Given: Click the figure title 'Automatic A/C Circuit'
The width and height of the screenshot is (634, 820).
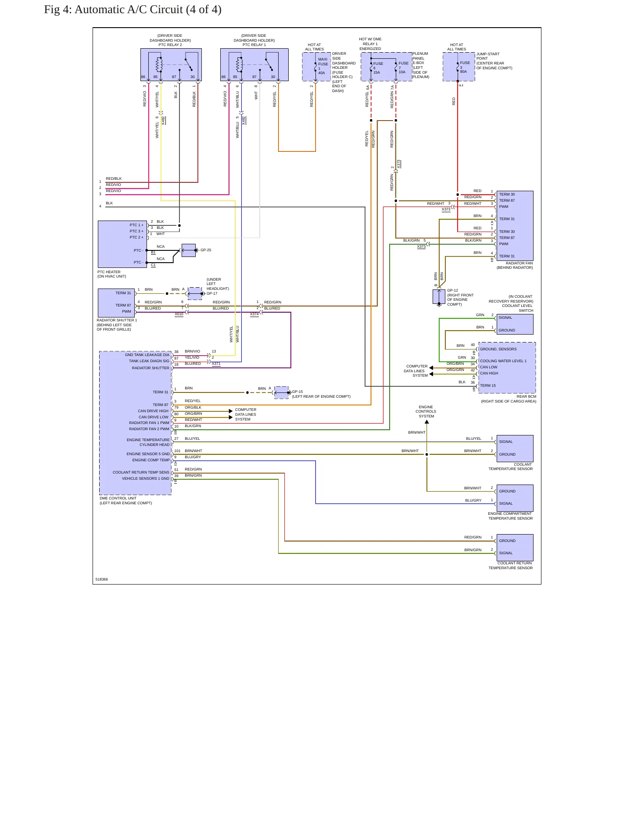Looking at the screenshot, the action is pyautogui.click(x=129, y=10).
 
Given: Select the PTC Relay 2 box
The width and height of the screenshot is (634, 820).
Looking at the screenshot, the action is pyautogui.click(x=171, y=65).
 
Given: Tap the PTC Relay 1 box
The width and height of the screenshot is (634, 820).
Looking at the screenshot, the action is pyautogui.click(x=254, y=65).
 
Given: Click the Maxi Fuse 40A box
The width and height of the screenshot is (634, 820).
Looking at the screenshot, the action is pyautogui.click(x=316, y=67).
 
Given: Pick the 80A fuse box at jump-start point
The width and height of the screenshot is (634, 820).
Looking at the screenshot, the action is pyautogui.click(x=459, y=67).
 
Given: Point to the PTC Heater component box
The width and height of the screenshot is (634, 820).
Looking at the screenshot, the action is pyautogui.click(x=122, y=244).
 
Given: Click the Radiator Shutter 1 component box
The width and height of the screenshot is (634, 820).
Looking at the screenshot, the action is pyautogui.click(x=116, y=303).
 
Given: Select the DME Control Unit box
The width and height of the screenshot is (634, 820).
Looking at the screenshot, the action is pyautogui.click(x=136, y=423).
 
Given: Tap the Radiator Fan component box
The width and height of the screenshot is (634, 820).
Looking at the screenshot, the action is pyautogui.click(x=515, y=226).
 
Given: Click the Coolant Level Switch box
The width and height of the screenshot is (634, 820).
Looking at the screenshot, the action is pyautogui.click(x=515, y=324).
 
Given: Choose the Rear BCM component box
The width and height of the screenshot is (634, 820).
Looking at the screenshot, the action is pyautogui.click(x=507, y=368).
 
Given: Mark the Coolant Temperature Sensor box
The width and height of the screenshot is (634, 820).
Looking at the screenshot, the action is pyautogui.click(x=515, y=448).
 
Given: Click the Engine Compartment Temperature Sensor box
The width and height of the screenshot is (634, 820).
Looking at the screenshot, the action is pyautogui.click(x=515, y=498).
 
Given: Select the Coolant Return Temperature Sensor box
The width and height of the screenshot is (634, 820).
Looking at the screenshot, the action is pyautogui.click(x=515, y=547).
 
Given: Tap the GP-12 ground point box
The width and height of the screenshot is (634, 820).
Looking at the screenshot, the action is pyautogui.click(x=439, y=296).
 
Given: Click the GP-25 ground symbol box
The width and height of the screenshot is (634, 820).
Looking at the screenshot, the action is pyautogui.click(x=189, y=250).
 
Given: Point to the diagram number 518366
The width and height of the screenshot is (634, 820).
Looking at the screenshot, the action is pyautogui.click(x=102, y=579).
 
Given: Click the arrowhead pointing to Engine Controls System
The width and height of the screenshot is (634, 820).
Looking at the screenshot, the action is pyautogui.click(x=426, y=422).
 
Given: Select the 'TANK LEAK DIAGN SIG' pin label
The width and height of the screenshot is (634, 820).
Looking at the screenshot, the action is pyautogui.click(x=149, y=361).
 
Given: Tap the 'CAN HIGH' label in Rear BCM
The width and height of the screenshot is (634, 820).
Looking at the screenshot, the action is pyautogui.click(x=489, y=374).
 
